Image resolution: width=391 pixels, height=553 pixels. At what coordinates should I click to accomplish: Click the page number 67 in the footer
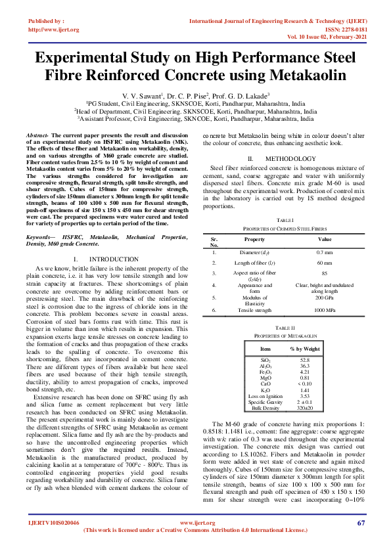[361, 522]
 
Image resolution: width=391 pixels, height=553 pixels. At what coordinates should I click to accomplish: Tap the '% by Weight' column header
[305, 349]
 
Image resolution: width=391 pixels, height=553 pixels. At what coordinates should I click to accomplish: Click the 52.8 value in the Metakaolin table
[304, 361]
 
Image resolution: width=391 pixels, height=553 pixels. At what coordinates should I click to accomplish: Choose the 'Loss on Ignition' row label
[265, 396]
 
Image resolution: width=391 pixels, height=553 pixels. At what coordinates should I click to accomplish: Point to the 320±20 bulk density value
[304, 408]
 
